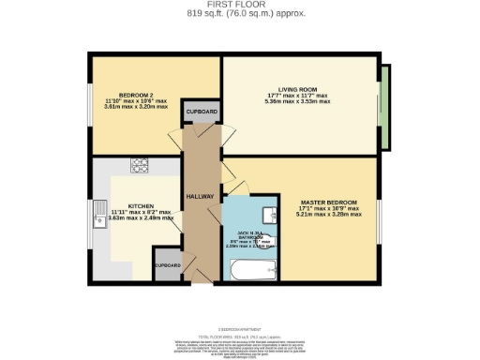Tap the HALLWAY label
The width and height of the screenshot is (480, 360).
point(202,196)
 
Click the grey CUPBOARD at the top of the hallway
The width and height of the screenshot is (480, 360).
point(201,112)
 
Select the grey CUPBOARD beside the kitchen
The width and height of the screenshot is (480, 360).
point(168,264)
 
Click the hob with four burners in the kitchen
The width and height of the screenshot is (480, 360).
point(140,168)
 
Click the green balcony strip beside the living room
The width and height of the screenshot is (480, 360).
point(385,105)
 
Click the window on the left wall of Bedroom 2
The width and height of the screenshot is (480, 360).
point(91,104)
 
